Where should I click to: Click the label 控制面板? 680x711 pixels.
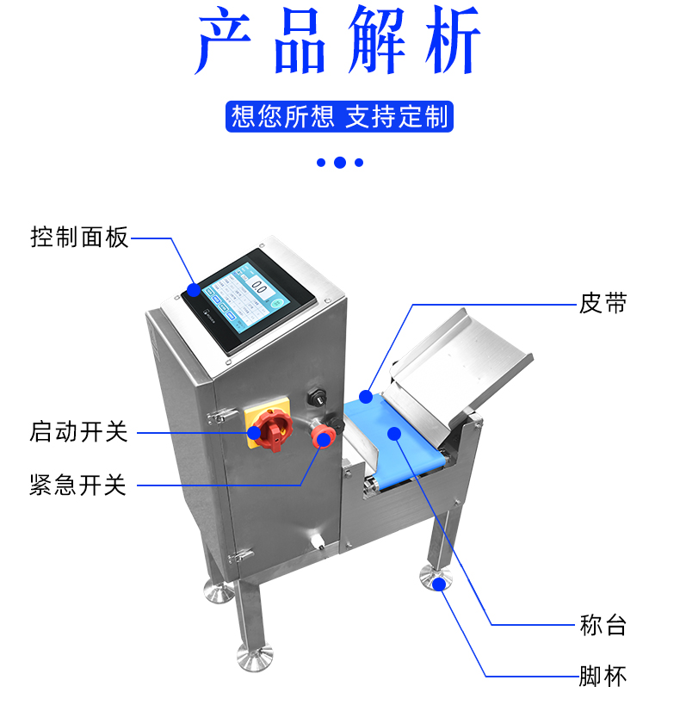[79, 238]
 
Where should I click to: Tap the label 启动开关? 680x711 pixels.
[78, 431]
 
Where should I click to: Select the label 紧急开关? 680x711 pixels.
[78, 485]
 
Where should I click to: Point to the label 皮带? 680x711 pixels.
[603, 303]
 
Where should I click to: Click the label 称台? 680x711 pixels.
[603, 625]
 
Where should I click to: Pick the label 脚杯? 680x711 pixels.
[603, 676]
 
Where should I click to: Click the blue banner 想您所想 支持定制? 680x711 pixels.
[339, 116]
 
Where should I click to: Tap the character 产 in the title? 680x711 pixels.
[223, 40]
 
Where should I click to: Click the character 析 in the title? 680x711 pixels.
[454, 40]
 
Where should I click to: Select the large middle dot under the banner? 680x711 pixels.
[340, 163]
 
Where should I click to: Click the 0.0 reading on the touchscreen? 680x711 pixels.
[259, 287]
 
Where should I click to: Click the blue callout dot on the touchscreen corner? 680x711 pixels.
[194, 290]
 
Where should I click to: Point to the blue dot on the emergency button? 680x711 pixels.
[324, 439]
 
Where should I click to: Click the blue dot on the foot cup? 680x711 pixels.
[438, 584]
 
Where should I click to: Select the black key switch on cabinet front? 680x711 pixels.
[317, 398]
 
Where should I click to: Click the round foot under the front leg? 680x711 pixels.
[256, 657]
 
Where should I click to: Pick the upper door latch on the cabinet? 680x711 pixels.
[221, 416]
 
